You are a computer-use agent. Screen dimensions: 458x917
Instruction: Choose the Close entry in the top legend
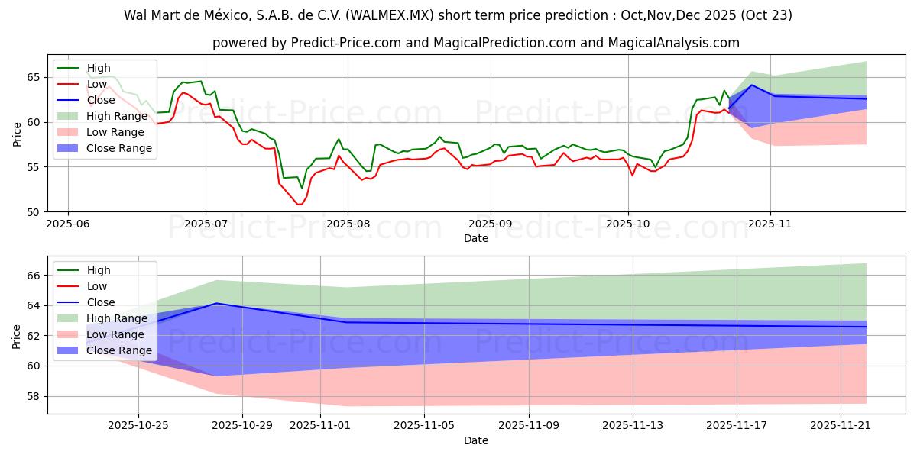pos(101,100)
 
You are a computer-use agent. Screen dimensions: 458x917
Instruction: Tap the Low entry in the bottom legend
pos(97,286)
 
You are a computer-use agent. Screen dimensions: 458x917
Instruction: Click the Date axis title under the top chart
pos(475,238)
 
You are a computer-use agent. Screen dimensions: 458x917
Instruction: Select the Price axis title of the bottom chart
pos(17,335)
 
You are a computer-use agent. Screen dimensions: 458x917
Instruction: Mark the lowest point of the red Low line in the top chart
pos(299,205)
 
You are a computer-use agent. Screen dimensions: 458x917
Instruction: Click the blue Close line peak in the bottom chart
pos(216,303)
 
